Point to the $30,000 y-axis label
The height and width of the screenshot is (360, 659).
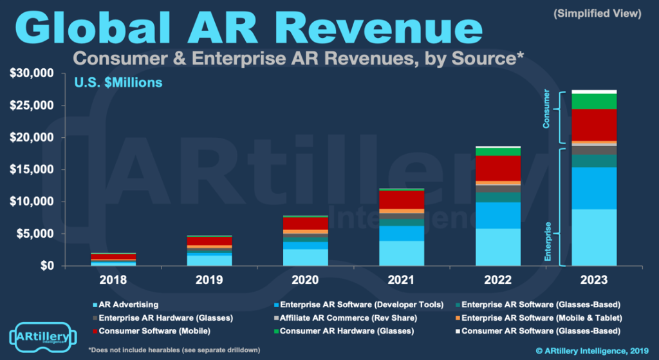[x=32, y=73]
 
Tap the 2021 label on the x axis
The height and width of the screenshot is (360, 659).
[x=402, y=279]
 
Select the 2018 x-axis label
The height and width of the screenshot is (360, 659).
[x=113, y=279]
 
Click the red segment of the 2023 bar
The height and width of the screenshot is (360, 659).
[x=594, y=125]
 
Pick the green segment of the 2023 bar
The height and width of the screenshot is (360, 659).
[x=594, y=101]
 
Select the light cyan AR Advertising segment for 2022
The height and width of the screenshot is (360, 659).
[x=498, y=247]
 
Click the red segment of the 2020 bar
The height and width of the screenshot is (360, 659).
[x=306, y=223]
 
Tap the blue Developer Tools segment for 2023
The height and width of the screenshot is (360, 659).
[x=594, y=188]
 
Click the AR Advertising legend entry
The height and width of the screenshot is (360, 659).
[x=125, y=305]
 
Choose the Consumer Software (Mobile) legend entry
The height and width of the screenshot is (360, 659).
[x=151, y=331]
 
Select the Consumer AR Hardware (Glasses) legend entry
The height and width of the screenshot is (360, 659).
[x=344, y=331]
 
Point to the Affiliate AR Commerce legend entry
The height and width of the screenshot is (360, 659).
[x=345, y=318]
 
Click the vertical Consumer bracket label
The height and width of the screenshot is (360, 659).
[x=546, y=108]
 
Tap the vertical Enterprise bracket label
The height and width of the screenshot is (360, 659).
[x=548, y=242]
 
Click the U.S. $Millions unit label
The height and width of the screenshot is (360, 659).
[x=118, y=82]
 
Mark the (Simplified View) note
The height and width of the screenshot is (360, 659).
[x=597, y=14]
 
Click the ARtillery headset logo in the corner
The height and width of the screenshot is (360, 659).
[x=43, y=336]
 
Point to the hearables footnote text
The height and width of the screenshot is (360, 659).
[x=174, y=350]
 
